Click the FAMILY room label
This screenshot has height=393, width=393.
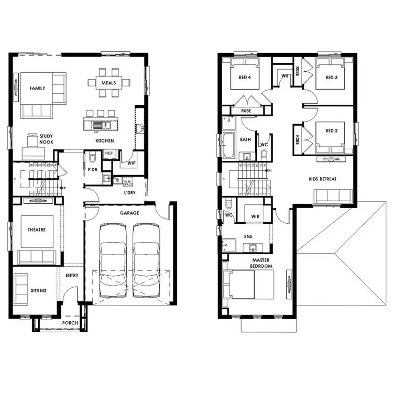tap(37, 89)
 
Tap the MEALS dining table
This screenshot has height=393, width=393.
tap(110, 82)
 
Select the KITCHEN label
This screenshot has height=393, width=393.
tap(104, 141)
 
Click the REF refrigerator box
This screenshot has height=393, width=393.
tap(110, 154)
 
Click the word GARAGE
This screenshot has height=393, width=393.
tap(129, 213)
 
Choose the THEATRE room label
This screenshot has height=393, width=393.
tap(37, 230)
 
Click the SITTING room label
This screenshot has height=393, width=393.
tap(38, 290)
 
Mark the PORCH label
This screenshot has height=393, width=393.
tap(70, 323)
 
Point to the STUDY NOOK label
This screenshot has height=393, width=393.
tap(46, 139)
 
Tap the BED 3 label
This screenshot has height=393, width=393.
tap(331, 78)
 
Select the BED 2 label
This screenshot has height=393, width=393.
tap(331, 130)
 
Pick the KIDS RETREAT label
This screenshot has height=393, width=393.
tap(322, 179)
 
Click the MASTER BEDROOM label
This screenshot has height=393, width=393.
tap(262, 263)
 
